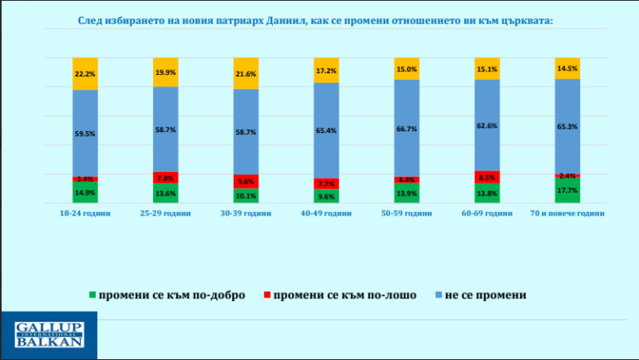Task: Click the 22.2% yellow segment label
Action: click(85, 73)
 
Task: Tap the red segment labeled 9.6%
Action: click(246, 181)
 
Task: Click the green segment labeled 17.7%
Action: click(567, 190)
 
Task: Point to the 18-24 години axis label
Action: click(85, 213)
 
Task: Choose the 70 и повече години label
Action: click(568, 213)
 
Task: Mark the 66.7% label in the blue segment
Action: click(406, 130)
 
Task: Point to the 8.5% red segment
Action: click(487, 177)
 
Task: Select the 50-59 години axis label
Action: click(407, 213)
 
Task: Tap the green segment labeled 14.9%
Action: click(85, 192)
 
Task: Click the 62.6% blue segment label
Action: click(487, 126)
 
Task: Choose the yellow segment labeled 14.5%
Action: click(567, 68)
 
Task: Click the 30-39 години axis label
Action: click(246, 213)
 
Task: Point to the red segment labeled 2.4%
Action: click(567, 175)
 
